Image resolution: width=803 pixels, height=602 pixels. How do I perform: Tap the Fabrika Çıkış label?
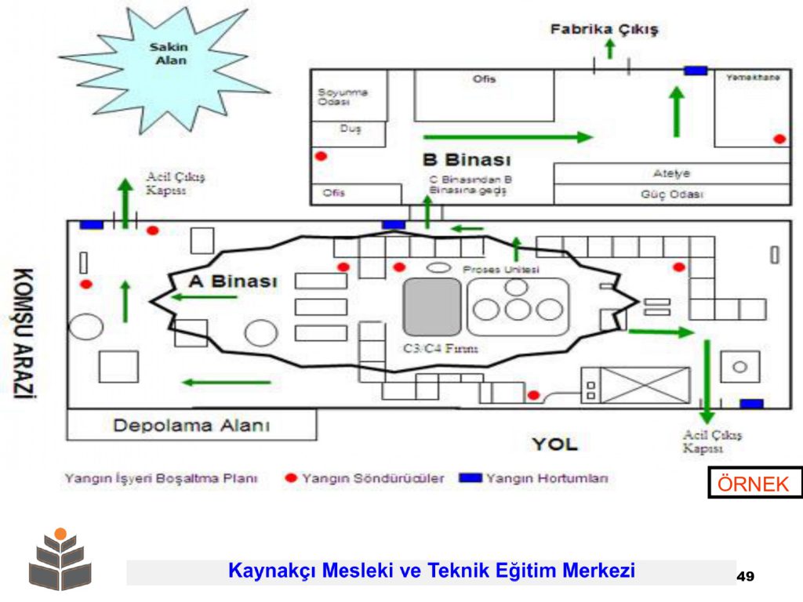point(604,30)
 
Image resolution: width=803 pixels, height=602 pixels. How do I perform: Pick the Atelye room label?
point(671,173)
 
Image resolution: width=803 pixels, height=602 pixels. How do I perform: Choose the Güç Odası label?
point(671,194)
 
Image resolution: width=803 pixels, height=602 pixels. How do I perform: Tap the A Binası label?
point(233,281)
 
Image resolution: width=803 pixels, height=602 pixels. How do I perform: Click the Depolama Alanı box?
point(191,426)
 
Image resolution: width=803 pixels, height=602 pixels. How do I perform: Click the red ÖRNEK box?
point(754,484)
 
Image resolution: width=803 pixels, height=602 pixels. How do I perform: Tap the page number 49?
point(745,577)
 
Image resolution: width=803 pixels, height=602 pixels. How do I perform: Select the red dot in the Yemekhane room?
point(779,139)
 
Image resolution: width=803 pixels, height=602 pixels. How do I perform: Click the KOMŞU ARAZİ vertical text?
point(25,333)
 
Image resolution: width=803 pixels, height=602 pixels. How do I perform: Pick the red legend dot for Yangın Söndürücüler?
point(291,478)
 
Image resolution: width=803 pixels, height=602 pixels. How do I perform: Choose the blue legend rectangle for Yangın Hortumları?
point(471,478)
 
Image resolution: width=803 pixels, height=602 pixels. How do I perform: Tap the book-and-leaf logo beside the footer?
point(60,560)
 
